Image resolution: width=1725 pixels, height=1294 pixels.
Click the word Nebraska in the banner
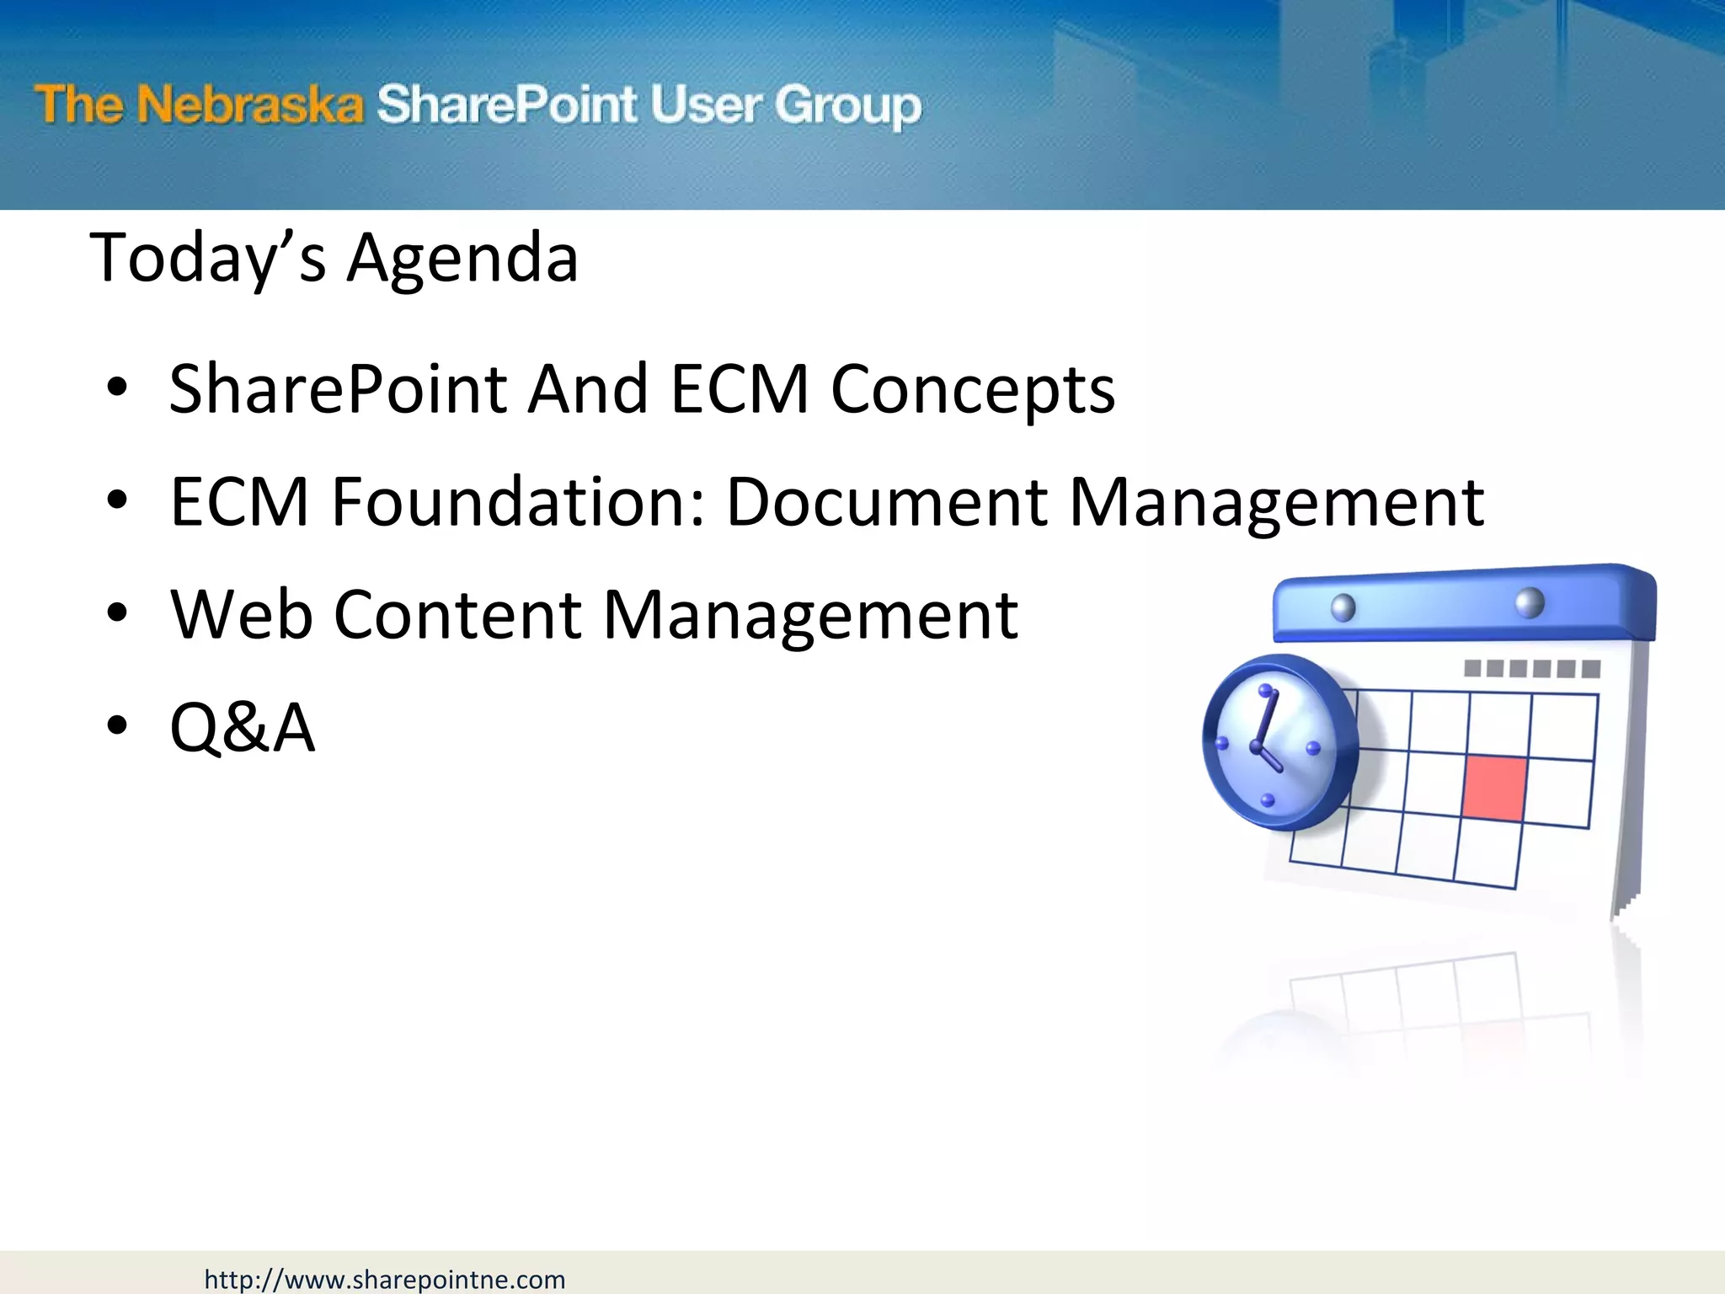[x=250, y=105]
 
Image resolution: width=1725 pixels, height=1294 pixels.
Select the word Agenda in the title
[x=462, y=259]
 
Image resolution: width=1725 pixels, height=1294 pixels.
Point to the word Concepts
[x=972, y=390]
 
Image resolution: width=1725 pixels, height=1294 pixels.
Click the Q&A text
[x=243, y=727]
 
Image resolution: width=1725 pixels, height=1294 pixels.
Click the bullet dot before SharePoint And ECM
[x=117, y=388]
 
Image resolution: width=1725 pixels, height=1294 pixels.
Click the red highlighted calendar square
[x=1495, y=788]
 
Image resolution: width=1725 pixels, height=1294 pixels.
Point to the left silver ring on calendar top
[x=1343, y=607]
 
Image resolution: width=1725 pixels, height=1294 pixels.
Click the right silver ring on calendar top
[x=1529, y=602]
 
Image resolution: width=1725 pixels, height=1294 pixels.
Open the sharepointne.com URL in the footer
[x=384, y=1280]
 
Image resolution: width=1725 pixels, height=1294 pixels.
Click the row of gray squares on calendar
[x=1531, y=669]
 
